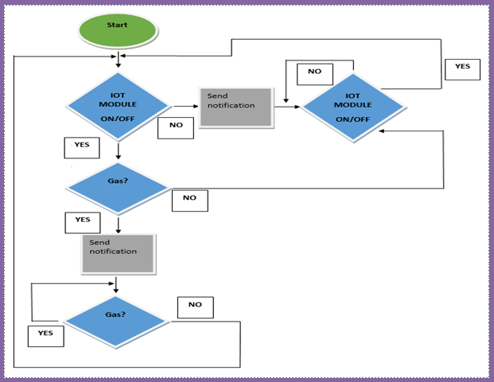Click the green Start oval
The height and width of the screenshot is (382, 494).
[x=117, y=29]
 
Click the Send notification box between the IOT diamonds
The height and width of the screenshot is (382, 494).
[x=235, y=107]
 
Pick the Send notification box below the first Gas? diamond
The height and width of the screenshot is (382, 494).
[x=117, y=252]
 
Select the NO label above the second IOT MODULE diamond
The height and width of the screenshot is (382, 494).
[x=314, y=73]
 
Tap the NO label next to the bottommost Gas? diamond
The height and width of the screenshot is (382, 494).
[x=195, y=306]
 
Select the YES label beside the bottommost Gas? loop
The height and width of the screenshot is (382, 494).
[x=45, y=335]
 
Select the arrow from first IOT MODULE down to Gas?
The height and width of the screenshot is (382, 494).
[x=118, y=151]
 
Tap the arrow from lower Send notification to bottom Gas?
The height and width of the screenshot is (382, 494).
[x=117, y=284]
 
